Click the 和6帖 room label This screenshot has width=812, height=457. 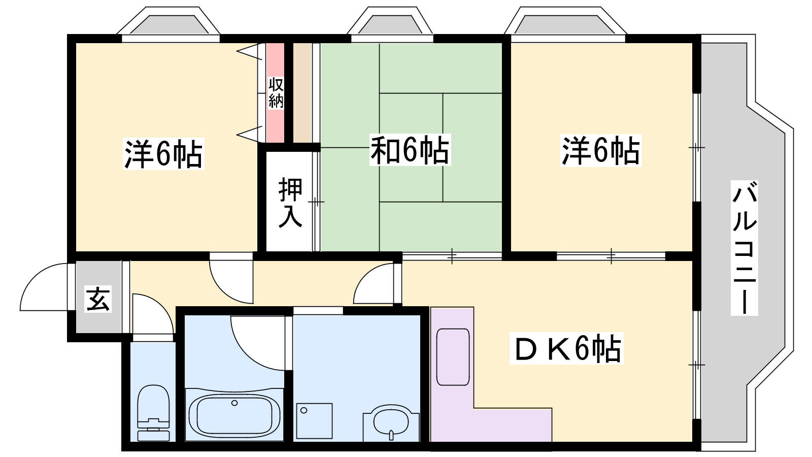(410, 149)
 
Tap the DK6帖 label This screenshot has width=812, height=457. (566, 348)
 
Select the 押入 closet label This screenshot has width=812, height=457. (290, 203)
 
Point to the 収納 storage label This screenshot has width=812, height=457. (276, 93)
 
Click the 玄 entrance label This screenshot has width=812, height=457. (98, 299)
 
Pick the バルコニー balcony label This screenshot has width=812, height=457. (745, 248)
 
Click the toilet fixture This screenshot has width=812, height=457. (153, 413)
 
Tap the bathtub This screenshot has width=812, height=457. (234, 414)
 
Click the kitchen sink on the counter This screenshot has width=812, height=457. (453, 357)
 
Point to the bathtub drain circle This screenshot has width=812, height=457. (234, 403)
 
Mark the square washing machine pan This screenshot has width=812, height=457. (314, 421)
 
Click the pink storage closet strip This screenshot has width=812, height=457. (276, 93)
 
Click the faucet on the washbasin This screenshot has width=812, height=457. (391, 435)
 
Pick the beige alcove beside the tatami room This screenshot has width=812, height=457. (302, 93)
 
